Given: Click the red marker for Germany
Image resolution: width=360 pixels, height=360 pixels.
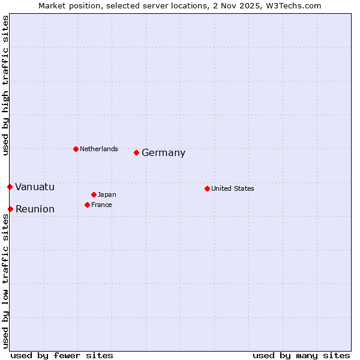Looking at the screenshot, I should click(x=136, y=152).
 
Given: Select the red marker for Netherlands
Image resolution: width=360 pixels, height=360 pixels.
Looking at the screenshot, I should click(x=76, y=149).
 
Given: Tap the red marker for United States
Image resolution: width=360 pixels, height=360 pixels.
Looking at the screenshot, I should click(x=207, y=188).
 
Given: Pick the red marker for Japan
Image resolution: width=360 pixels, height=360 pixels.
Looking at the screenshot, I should click(x=94, y=194).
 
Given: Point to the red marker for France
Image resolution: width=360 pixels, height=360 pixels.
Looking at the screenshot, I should click(x=87, y=205).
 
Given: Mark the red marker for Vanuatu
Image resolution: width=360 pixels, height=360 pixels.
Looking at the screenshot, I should click(x=10, y=187).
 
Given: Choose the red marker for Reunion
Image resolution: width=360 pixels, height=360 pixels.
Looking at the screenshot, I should click(x=10, y=209).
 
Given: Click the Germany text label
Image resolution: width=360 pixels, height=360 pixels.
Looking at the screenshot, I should click(x=163, y=153).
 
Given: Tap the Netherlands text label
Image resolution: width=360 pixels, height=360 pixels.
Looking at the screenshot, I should click(x=98, y=149).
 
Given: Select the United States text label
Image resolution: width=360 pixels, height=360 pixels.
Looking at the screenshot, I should click(x=232, y=188).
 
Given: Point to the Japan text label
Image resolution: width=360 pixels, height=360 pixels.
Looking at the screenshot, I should click(x=107, y=194).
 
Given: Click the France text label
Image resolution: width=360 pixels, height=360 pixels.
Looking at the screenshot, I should click(x=101, y=205).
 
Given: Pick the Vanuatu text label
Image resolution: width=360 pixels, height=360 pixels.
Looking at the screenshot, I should click(x=34, y=187).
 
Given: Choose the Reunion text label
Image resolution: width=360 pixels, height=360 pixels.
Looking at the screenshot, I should click(x=35, y=209).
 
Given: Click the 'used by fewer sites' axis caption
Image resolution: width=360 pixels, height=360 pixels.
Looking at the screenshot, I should click(x=62, y=355).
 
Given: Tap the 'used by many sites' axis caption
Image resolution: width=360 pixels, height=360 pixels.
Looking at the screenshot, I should click(x=301, y=355).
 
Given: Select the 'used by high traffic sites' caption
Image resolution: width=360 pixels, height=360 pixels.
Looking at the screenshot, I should click(x=5, y=85).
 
